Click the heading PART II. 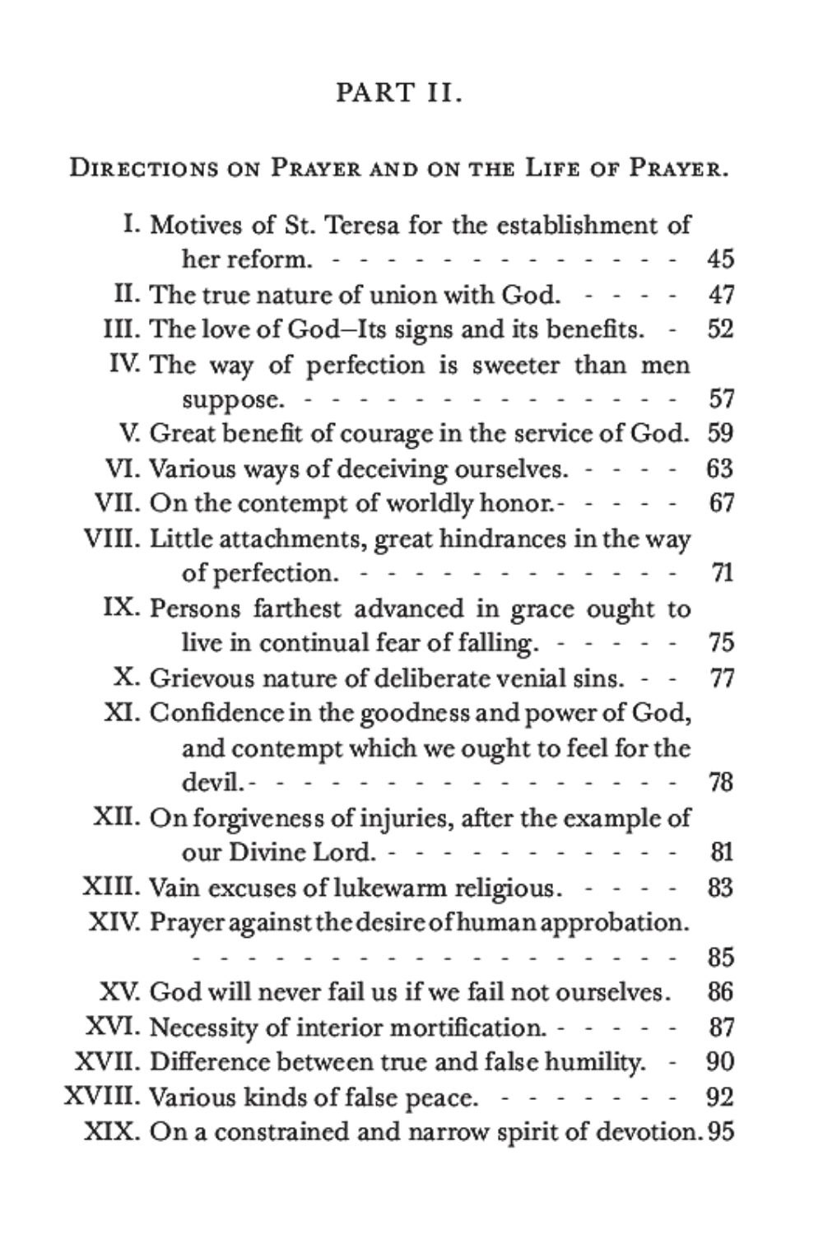coord(399,93)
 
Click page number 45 coord(720,259)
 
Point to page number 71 coord(721,573)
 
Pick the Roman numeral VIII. coord(112,538)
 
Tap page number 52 coord(720,329)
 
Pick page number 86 coord(720,992)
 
